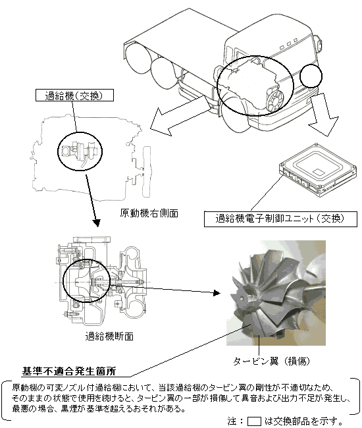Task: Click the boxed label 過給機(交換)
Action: (x=74, y=95)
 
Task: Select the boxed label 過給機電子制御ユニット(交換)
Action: (x=280, y=219)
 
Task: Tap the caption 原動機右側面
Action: (x=149, y=213)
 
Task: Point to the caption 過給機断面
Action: (x=109, y=336)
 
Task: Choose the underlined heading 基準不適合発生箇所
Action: (x=68, y=371)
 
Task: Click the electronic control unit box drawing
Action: (x=318, y=168)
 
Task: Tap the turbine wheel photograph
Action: (x=276, y=293)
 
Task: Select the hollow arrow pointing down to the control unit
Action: (x=324, y=114)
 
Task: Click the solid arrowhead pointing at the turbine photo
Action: (x=217, y=293)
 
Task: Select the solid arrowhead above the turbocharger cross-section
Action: (x=96, y=223)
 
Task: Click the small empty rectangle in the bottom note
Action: (x=254, y=421)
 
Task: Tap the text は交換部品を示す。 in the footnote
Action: (x=303, y=421)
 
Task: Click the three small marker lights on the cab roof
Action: (x=289, y=44)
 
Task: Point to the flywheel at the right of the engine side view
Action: (x=147, y=171)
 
